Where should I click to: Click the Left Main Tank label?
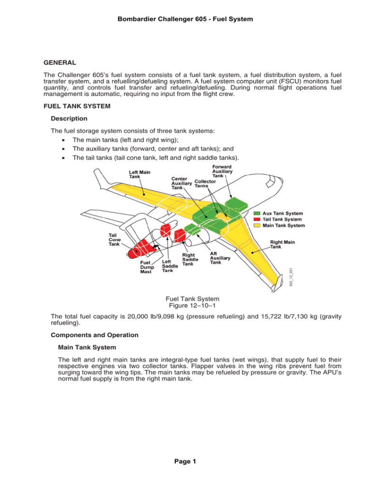[x=139, y=175]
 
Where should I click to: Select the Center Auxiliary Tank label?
[x=182, y=184]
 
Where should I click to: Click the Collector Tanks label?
[x=205, y=185]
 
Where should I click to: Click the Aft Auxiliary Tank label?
[x=220, y=257]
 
